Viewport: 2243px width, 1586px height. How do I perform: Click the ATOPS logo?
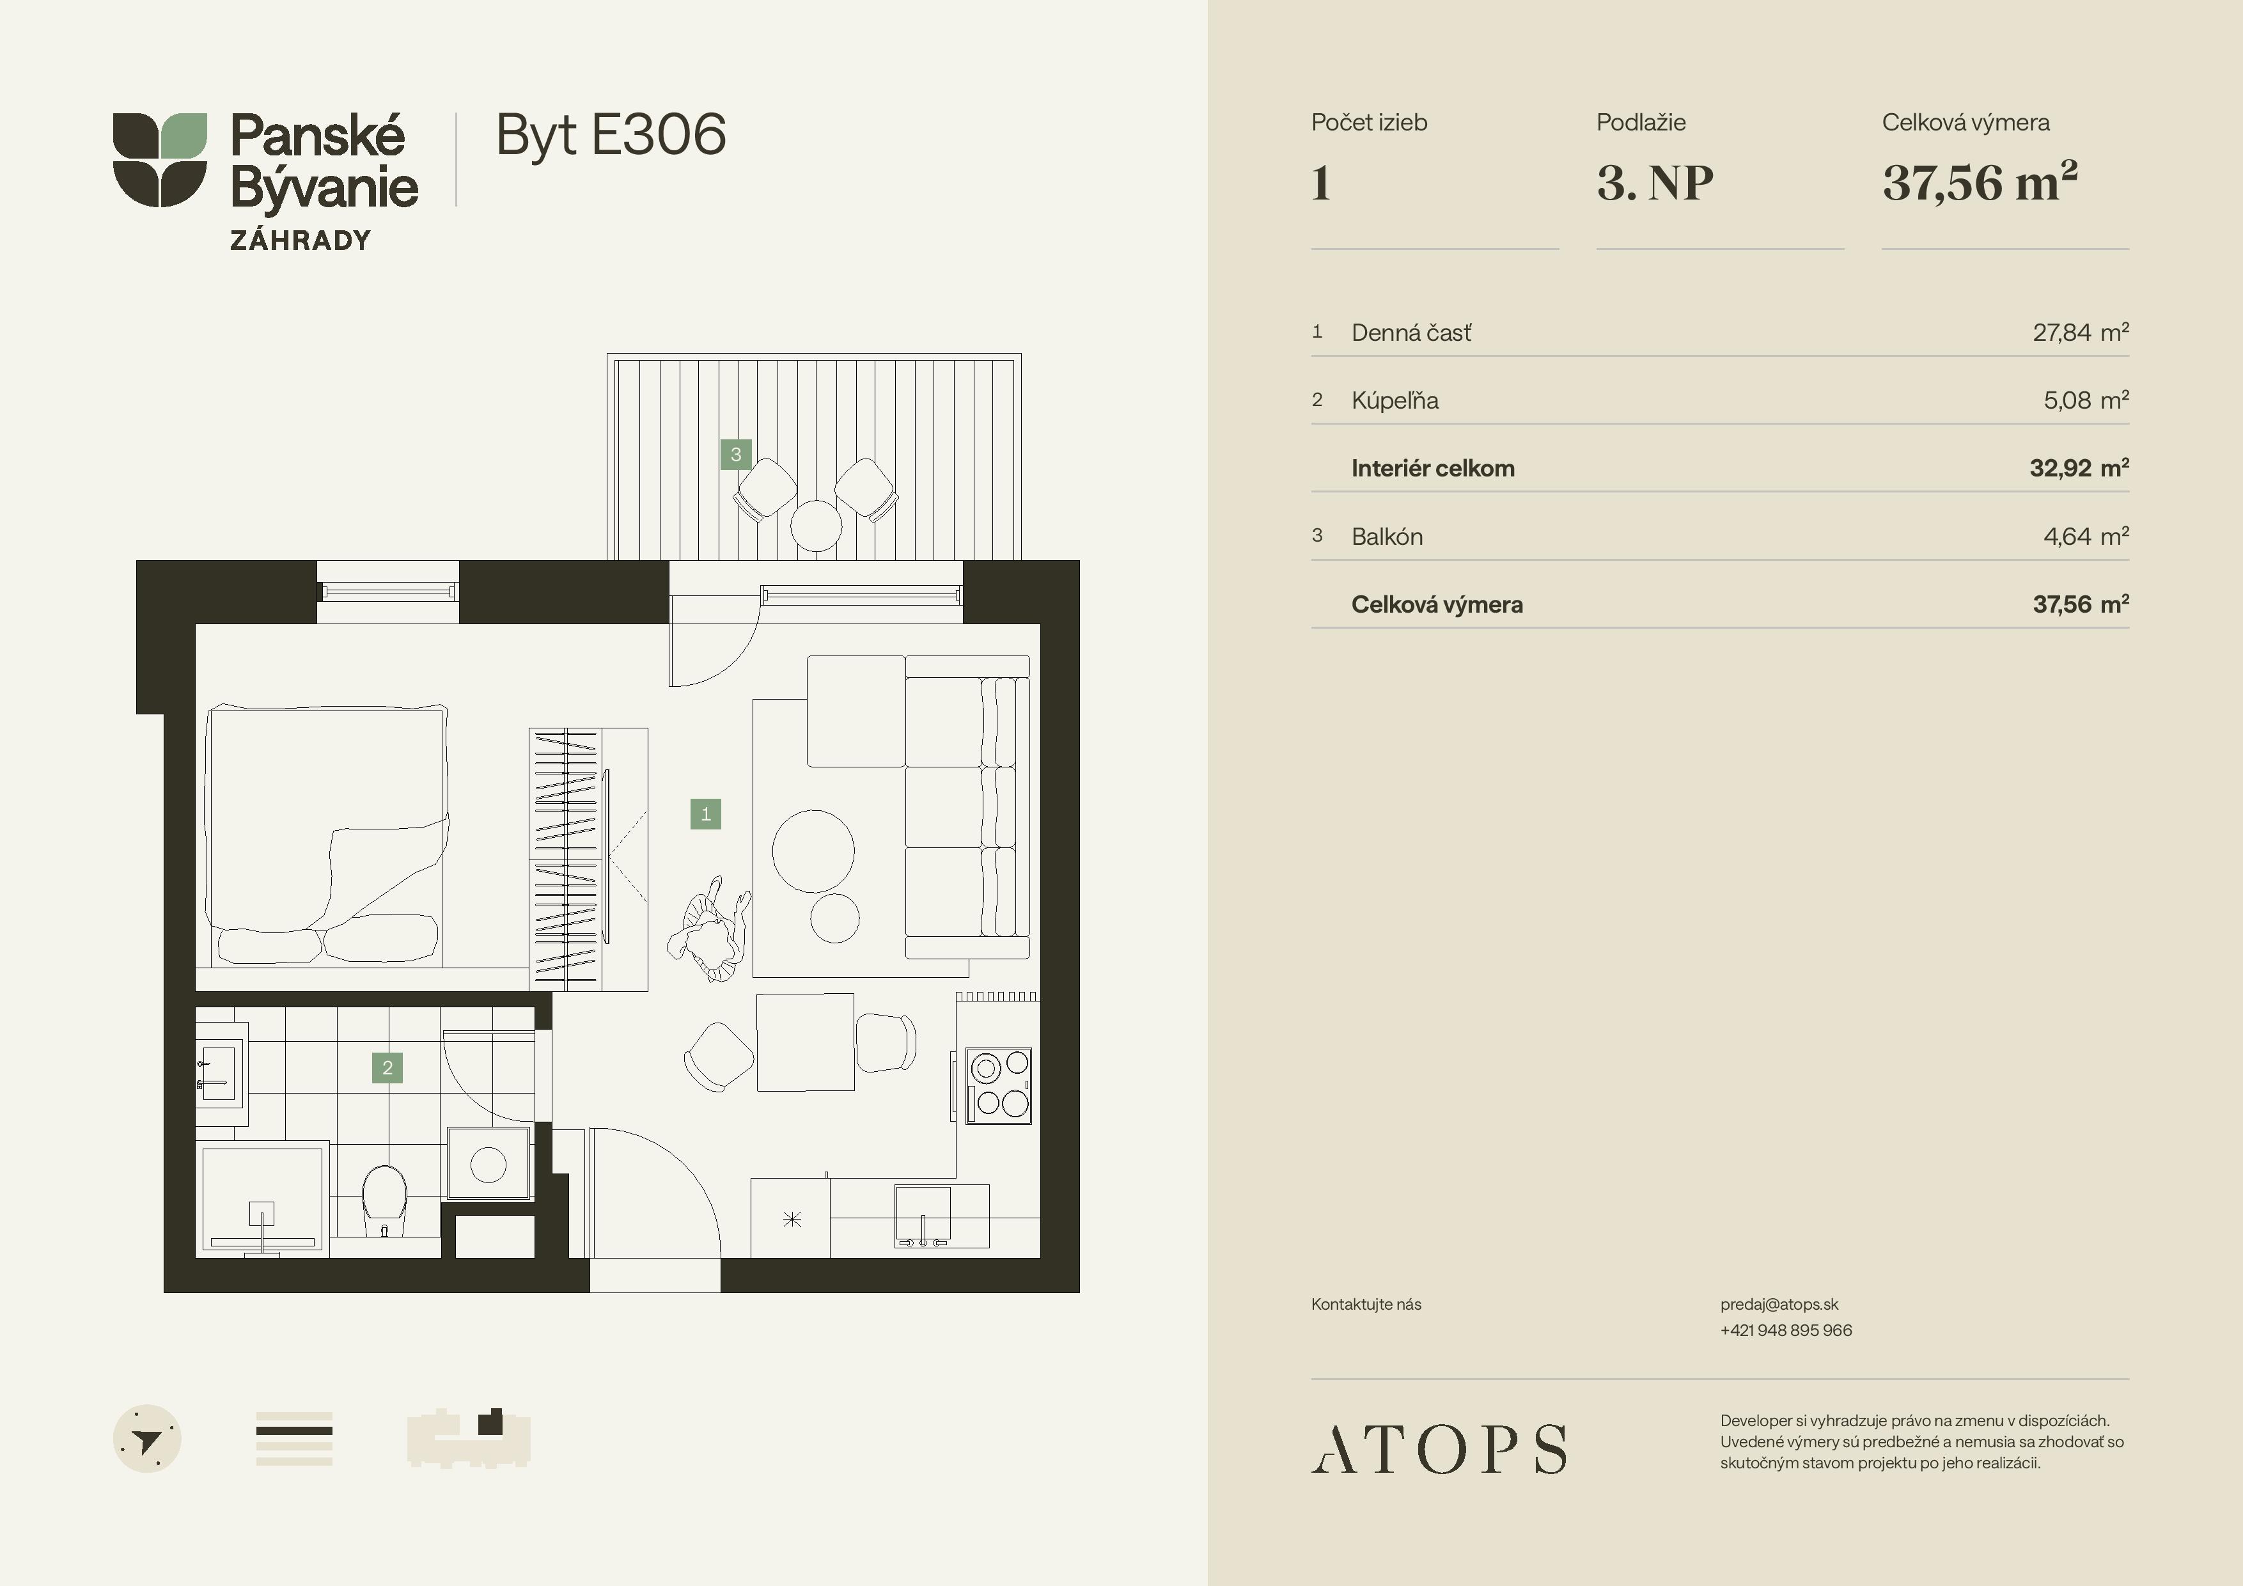click(x=1438, y=1449)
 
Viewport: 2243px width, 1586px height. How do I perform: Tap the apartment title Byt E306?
click(x=611, y=135)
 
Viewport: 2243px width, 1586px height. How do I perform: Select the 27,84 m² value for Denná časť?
click(x=2080, y=333)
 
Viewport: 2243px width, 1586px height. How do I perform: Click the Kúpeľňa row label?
click(x=1395, y=400)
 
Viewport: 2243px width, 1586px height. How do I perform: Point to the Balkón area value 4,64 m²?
click(x=2086, y=537)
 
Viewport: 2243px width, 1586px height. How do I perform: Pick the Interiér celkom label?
click(x=1432, y=468)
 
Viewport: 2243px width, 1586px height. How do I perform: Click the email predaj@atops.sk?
click(x=1779, y=1305)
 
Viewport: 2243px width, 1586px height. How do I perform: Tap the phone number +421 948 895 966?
click(x=1786, y=1330)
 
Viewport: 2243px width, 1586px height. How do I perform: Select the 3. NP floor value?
click(x=1655, y=183)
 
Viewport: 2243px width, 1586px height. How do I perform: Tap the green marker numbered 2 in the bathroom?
click(x=387, y=1067)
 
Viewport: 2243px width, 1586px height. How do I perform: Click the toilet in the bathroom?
click(x=384, y=1200)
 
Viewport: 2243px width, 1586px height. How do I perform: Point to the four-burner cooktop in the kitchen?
click(x=998, y=1085)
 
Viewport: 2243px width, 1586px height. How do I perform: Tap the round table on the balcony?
click(x=816, y=526)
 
